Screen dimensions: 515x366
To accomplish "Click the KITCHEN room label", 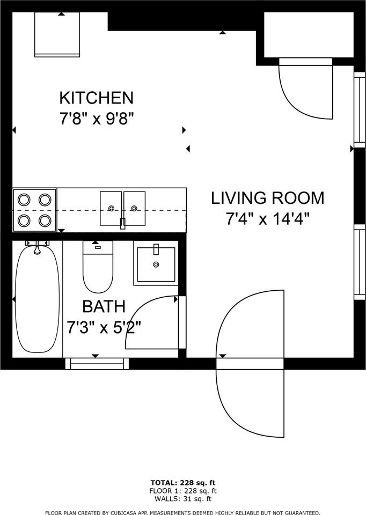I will [x=96, y=98].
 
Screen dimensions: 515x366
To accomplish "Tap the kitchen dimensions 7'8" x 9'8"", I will [x=96, y=118].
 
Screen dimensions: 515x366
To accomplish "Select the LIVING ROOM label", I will [x=267, y=198].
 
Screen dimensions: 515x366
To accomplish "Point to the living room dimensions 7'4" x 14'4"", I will [x=267, y=218].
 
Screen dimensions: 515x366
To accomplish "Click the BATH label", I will [x=104, y=307].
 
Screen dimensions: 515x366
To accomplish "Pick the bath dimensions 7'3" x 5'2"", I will [x=104, y=327].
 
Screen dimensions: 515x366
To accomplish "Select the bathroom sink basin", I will [x=156, y=264].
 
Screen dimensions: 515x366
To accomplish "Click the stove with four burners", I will [x=34, y=210].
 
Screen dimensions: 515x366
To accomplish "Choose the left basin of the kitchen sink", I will [x=111, y=208].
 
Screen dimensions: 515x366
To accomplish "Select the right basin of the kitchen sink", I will [x=135, y=208].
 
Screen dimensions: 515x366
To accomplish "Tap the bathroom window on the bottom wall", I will [x=97, y=364].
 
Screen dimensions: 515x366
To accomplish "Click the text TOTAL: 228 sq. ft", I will [x=183, y=483].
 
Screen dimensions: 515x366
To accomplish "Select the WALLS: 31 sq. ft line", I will [x=183, y=498].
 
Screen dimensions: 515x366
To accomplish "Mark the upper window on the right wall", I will [x=359, y=109].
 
